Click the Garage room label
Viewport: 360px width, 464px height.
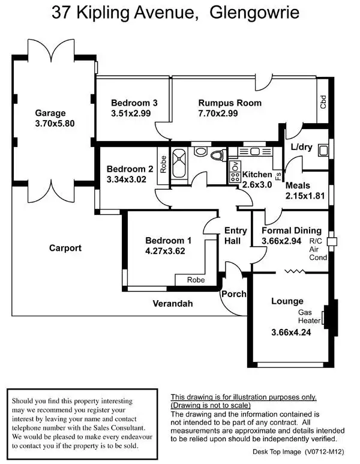(50, 113)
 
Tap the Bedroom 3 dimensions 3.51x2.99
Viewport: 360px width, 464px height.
(134, 113)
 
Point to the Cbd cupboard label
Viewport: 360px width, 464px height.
(323, 101)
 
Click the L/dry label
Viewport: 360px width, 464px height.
(301, 147)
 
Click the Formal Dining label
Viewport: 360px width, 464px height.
(291, 230)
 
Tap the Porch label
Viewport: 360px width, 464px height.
(233, 295)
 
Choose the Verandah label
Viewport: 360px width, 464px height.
(173, 304)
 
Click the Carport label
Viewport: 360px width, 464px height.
(65, 248)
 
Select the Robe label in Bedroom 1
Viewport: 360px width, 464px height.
(196, 280)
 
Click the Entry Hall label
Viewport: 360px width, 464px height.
(232, 235)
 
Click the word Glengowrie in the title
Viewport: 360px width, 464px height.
(254, 13)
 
